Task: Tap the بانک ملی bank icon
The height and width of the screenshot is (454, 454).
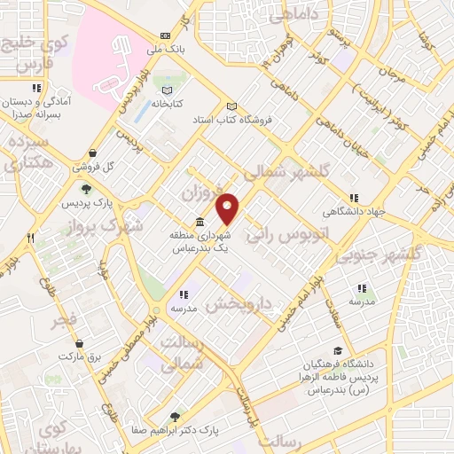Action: tap(164, 36)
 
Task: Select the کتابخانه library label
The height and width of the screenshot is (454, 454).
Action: tap(165, 104)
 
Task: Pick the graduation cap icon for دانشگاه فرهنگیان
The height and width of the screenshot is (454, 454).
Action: tap(337, 351)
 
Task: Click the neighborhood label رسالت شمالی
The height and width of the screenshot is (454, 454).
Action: tap(198, 351)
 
